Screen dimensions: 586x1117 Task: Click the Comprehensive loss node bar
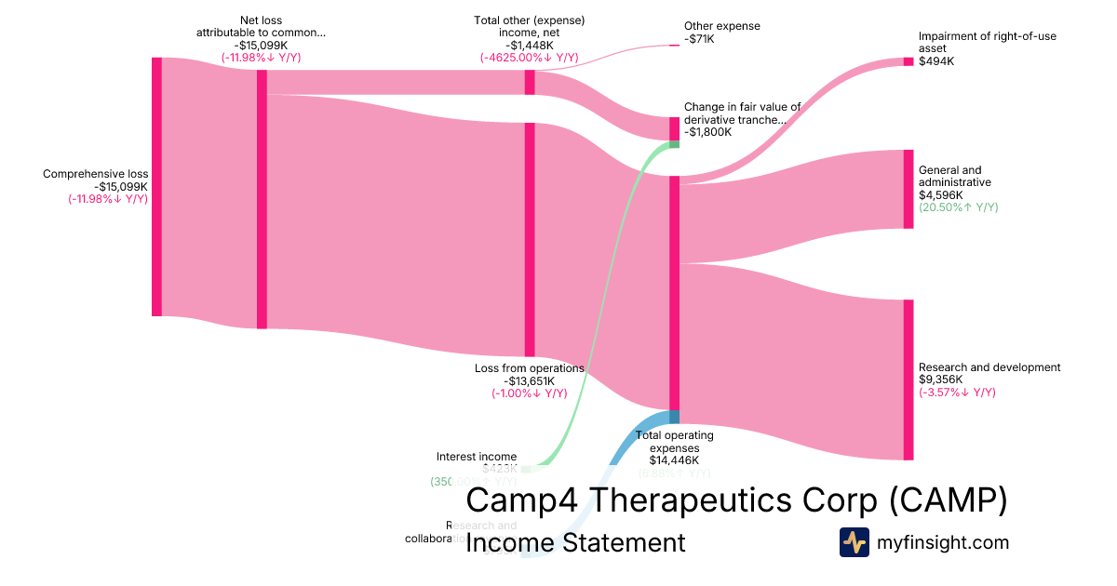click(156, 186)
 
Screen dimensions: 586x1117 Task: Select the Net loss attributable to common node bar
click(262, 199)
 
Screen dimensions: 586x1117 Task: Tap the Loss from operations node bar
click(530, 239)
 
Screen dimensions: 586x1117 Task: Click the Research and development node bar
click(908, 380)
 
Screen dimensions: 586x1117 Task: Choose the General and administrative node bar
click(908, 189)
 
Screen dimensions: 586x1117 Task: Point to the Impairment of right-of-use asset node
click(908, 61)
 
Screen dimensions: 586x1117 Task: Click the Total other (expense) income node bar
click(530, 82)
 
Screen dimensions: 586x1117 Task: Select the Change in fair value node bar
click(674, 128)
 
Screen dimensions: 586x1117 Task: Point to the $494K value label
click(936, 61)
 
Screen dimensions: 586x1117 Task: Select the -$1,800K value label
click(707, 132)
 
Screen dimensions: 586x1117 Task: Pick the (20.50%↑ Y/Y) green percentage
click(958, 207)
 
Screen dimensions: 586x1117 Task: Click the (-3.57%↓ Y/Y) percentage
click(957, 392)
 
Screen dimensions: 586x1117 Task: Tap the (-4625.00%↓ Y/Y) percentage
click(529, 58)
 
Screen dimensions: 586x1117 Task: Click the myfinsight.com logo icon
click(854, 542)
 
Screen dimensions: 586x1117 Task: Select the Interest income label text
click(477, 457)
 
